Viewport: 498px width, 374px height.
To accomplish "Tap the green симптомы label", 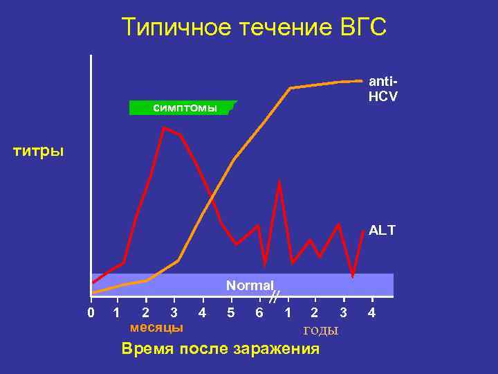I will tap(183, 108).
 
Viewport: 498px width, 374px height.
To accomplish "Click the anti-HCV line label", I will tap(382, 89).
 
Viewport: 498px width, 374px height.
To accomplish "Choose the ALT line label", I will tap(382, 231).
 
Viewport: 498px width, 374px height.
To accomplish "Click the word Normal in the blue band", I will tap(250, 285).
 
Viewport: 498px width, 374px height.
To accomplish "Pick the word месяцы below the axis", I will tap(157, 327).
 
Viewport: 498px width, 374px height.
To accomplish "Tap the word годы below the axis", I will tap(321, 330).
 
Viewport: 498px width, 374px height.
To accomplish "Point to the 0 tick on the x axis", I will tap(91, 313).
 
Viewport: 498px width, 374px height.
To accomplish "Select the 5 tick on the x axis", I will tap(230, 313).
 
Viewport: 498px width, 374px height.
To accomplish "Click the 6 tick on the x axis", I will tap(259, 313).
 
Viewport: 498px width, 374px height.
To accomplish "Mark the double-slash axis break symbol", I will tap(274, 298).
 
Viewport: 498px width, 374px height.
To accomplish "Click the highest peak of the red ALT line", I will tap(164, 127).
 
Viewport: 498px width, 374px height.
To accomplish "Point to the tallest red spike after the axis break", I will tap(279, 183).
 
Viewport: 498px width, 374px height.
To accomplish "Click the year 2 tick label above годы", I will tap(315, 313).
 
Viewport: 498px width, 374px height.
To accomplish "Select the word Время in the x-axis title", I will tap(147, 348).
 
